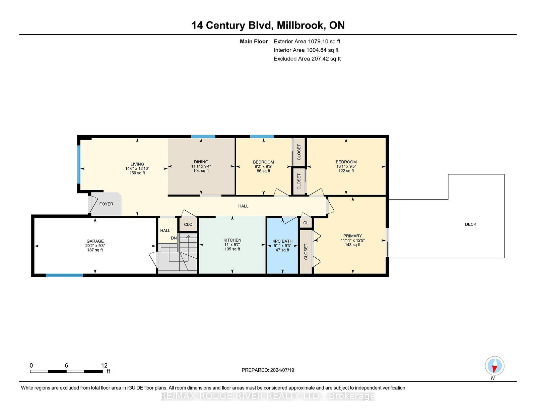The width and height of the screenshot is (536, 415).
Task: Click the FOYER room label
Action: (x=106, y=204)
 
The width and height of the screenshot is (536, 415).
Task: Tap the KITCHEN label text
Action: (x=232, y=240)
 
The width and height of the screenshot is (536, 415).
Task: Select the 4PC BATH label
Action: (x=282, y=241)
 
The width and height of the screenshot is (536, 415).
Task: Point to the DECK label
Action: (x=470, y=224)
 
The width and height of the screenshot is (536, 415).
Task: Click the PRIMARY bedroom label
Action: (x=352, y=236)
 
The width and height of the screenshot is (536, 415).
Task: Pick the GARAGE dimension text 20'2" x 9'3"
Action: (x=95, y=246)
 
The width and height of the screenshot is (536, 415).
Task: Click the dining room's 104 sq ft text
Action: (x=201, y=171)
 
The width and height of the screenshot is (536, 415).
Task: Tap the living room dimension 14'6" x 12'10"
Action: (x=137, y=168)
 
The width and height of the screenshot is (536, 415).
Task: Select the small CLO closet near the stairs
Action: (x=188, y=224)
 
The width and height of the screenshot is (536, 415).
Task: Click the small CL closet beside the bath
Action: (x=306, y=223)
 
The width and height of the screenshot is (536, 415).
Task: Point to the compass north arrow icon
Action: (x=494, y=366)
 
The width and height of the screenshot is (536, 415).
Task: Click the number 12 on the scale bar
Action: (x=104, y=366)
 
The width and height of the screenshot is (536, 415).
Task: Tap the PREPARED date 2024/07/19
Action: (x=282, y=370)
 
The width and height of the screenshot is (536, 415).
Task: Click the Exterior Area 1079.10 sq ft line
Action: (x=307, y=42)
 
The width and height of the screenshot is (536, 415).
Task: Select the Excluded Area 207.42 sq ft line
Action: (x=307, y=59)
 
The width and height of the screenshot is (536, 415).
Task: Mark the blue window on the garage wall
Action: (x=64, y=275)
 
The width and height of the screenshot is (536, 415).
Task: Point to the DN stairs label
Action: (x=174, y=238)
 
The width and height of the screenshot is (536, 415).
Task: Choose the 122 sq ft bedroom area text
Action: (x=346, y=171)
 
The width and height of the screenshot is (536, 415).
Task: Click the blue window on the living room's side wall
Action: (x=79, y=164)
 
